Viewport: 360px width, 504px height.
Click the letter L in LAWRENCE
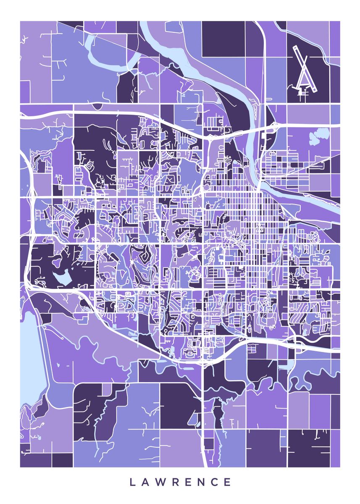coord(132,482)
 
